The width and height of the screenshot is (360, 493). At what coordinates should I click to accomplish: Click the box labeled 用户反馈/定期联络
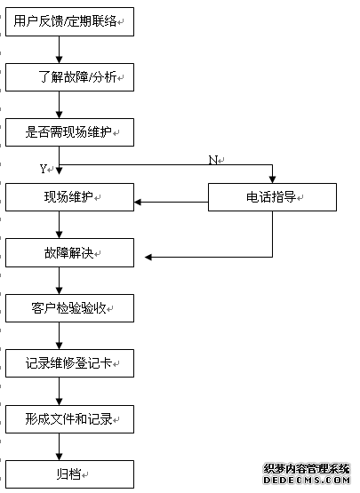(x=69, y=21)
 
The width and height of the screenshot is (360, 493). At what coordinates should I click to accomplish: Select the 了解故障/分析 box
(x=69, y=77)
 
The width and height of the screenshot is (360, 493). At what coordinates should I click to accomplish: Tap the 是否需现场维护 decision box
(x=69, y=132)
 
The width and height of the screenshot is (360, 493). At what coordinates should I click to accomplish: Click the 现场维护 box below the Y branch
(x=69, y=197)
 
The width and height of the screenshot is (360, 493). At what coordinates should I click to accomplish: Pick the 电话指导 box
(x=272, y=197)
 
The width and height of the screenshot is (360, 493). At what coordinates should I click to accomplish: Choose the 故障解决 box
(x=69, y=253)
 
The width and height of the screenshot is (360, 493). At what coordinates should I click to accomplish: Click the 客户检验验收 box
(x=69, y=308)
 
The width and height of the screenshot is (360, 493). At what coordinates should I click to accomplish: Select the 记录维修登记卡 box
(x=69, y=363)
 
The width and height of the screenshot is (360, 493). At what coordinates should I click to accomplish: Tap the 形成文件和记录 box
(x=69, y=419)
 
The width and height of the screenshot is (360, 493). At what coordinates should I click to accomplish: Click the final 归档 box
(x=69, y=474)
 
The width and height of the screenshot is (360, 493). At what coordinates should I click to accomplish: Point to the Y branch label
(x=44, y=169)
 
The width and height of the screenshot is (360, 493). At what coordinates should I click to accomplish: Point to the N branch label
(x=213, y=160)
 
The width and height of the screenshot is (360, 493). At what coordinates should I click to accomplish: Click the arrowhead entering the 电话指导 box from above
(x=273, y=179)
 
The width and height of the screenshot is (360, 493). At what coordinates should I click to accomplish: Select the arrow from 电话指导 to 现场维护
(x=172, y=202)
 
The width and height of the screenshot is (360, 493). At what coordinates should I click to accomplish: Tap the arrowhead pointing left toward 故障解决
(x=148, y=258)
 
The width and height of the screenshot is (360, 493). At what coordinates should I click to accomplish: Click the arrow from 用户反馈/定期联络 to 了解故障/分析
(x=60, y=50)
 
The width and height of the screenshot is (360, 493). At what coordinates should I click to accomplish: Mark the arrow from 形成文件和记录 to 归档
(x=60, y=447)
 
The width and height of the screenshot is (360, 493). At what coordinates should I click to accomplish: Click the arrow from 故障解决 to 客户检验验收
(x=60, y=281)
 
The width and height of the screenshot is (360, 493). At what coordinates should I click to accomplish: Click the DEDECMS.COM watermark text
(x=307, y=481)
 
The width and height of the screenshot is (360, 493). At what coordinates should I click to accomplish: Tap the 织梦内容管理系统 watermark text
(x=307, y=469)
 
